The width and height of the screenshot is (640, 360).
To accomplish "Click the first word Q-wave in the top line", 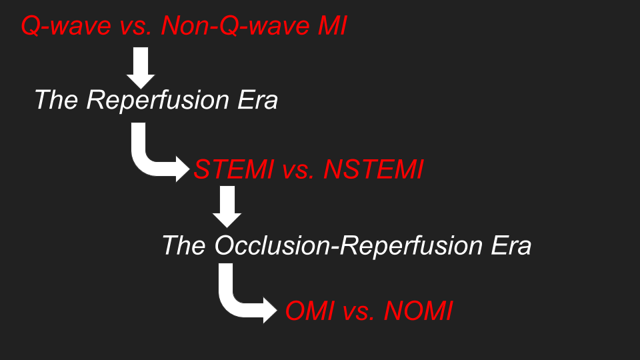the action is [x=66, y=26].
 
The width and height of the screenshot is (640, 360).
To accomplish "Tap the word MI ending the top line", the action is [x=332, y=25].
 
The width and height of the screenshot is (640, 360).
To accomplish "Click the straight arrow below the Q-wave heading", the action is [x=141, y=68].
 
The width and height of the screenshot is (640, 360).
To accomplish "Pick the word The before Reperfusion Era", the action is [x=56, y=99].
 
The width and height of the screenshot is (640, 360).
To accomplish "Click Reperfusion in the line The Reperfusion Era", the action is [x=158, y=101].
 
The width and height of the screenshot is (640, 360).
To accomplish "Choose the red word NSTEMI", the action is [x=374, y=169].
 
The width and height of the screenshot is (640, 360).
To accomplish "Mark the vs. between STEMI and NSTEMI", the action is [x=299, y=171].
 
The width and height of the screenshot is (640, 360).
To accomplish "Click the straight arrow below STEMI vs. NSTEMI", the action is [x=227, y=207].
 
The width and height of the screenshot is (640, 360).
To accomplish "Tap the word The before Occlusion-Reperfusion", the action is [x=184, y=245].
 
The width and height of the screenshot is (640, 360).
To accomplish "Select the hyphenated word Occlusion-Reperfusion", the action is [x=348, y=246].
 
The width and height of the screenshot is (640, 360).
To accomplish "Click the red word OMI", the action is [x=310, y=311].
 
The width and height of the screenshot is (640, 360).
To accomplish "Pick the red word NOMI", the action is [x=419, y=311].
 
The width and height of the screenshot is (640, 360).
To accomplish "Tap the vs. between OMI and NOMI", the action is [x=359, y=312].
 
